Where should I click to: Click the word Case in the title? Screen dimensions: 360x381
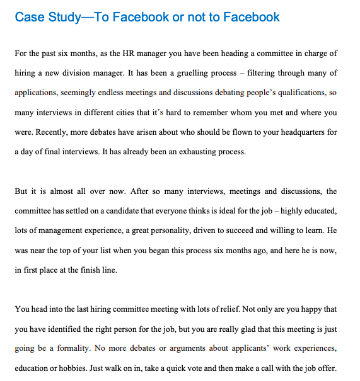point(29,17)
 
